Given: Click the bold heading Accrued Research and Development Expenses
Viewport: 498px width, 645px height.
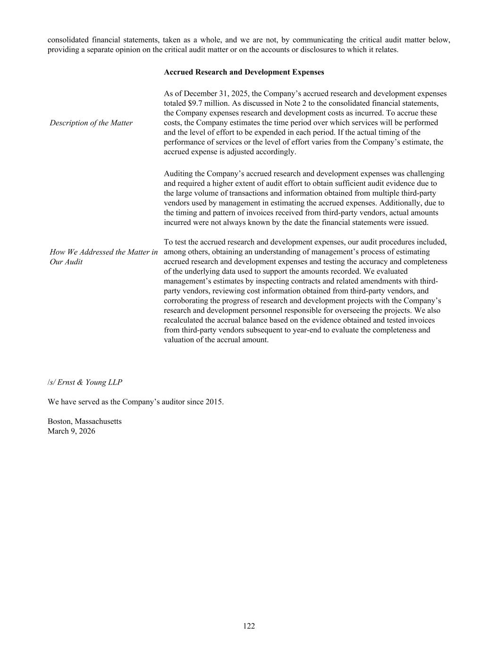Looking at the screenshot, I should tap(244, 72).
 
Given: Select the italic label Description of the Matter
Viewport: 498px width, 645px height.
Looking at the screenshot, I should tap(91, 123).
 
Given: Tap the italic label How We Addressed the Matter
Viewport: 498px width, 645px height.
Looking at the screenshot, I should tap(103, 252).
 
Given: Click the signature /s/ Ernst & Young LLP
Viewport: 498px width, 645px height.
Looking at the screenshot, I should tap(84, 382).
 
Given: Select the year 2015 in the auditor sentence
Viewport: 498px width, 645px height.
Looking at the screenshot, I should tap(214, 402).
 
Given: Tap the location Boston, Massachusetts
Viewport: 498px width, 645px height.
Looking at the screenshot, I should tap(84, 421).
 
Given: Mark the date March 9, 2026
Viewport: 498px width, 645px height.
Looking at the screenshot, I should tap(71, 431).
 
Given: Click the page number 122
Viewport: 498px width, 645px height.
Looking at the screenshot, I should tap(249, 626).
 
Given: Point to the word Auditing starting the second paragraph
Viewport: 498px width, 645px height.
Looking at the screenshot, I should tap(178, 174).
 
